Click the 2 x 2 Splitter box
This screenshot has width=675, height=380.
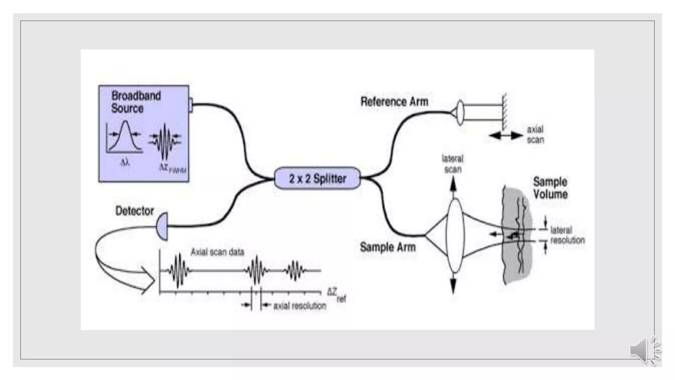point(317,178)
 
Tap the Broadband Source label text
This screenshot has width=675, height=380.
point(136,102)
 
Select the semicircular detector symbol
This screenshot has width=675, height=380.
point(162,226)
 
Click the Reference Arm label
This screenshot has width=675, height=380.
point(394,102)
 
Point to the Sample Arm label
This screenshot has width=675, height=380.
point(388,247)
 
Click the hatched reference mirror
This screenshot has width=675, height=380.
point(504,112)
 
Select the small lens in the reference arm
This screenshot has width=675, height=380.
point(460,113)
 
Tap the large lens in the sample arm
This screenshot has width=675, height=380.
point(455,236)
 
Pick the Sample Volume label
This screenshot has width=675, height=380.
point(550,188)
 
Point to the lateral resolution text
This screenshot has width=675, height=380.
point(567,235)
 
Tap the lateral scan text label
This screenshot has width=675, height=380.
point(453,164)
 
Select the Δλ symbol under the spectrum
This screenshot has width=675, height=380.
point(125,162)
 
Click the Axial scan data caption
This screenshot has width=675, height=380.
point(217,252)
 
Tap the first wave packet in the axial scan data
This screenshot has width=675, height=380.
point(179,270)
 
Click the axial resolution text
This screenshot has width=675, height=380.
point(299,306)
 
